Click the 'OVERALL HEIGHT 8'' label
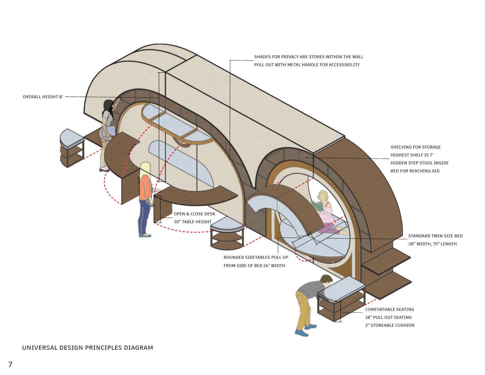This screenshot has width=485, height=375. tap(43, 97)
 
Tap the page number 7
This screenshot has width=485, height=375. tap(10, 365)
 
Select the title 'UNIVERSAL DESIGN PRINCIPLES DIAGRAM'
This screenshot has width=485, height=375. tap(88, 348)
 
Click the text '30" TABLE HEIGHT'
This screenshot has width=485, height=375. tap(193, 222)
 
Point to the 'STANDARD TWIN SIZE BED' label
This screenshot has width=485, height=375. tap(435, 236)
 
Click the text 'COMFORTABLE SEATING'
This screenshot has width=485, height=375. tap(389, 309)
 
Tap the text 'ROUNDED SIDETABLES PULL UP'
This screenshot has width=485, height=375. tap(256, 257)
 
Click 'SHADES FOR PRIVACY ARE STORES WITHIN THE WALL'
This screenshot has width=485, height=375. tap(309, 57)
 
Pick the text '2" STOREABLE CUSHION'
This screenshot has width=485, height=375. tap(390, 325)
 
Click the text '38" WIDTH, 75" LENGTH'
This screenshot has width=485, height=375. tap(432, 244)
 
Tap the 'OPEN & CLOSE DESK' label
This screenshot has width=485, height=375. tap(194, 214)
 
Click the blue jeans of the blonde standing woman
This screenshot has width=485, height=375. tap(144, 215)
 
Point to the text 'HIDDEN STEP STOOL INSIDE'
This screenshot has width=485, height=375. tap(419, 163)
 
